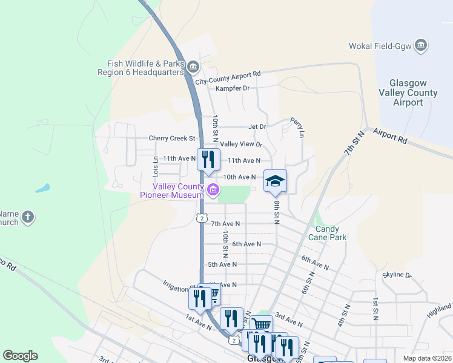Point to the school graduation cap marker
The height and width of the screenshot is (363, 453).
point(275,181)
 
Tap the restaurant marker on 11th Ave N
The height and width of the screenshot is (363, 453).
point(207,160)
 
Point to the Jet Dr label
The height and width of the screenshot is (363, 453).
point(257,127)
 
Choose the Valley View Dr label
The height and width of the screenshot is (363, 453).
point(241,144)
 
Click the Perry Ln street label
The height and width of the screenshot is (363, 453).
point(297,126)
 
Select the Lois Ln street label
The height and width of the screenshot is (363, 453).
point(156,166)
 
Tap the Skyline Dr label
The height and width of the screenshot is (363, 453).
point(397,275)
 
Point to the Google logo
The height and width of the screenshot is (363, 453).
point(20,356)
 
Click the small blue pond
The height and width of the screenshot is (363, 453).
point(42,188)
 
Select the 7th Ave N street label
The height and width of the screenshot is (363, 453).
point(225,224)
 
